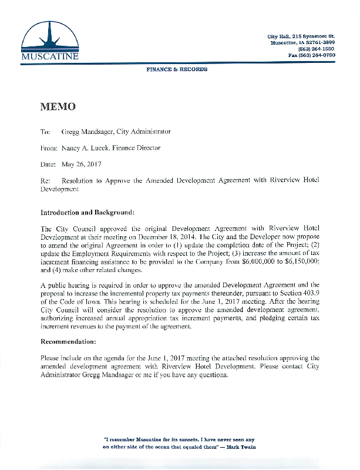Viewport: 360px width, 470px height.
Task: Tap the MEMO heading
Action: coord(58,107)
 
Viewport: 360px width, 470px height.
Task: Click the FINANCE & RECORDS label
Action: coord(177,69)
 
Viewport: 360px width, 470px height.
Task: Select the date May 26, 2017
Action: coord(82,165)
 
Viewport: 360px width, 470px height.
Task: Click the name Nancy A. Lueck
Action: coord(86,149)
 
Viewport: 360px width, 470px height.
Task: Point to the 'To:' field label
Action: coord(45,132)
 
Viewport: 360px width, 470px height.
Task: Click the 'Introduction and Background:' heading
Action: coord(88,211)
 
